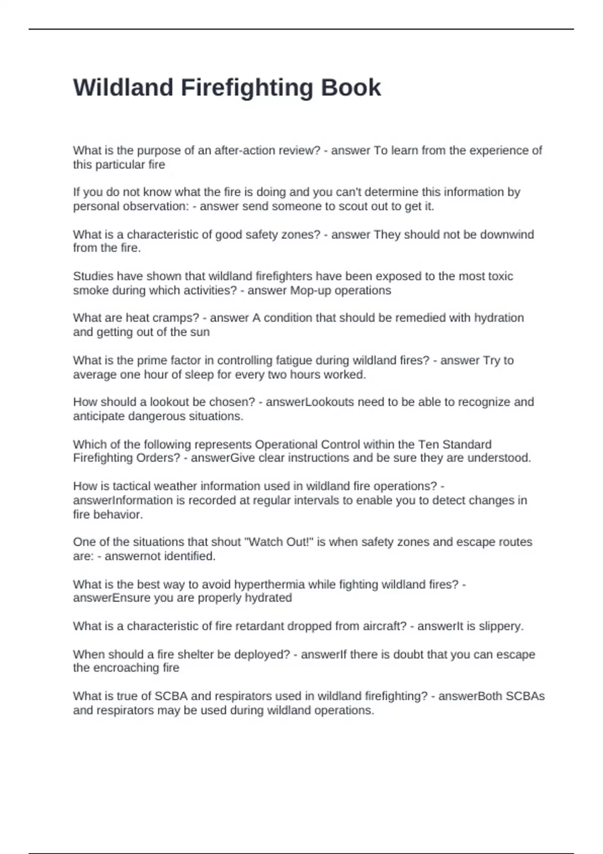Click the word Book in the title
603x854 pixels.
(351, 88)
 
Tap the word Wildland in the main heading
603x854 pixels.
(123, 88)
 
